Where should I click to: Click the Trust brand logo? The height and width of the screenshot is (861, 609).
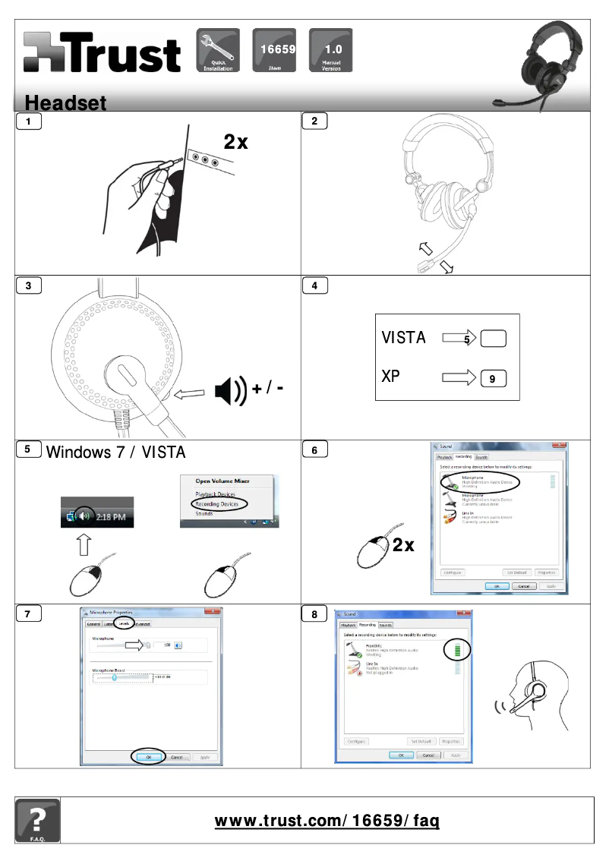(102, 53)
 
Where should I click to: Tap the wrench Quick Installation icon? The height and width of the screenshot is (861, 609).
(218, 50)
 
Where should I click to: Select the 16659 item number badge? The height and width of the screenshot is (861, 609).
(274, 50)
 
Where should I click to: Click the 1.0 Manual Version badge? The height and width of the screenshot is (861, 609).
(330, 50)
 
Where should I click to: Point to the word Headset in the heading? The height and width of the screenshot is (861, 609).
(65, 102)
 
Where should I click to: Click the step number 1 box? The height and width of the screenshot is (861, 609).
(29, 121)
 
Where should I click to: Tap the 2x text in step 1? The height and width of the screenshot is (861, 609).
(235, 142)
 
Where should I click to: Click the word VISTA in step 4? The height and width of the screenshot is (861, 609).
(403, 338)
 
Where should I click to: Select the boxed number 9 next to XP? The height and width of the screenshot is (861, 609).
(493, 377)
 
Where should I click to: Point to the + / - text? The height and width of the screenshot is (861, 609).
(269, 389)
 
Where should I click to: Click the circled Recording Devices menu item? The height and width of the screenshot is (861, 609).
(216, 504)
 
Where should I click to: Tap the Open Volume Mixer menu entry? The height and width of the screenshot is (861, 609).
(222, 480)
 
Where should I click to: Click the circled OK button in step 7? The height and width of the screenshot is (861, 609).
(149, 757)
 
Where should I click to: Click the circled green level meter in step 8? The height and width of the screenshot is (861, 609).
(457, 651)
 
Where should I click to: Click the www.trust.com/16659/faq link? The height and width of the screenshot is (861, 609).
(327, 821)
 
